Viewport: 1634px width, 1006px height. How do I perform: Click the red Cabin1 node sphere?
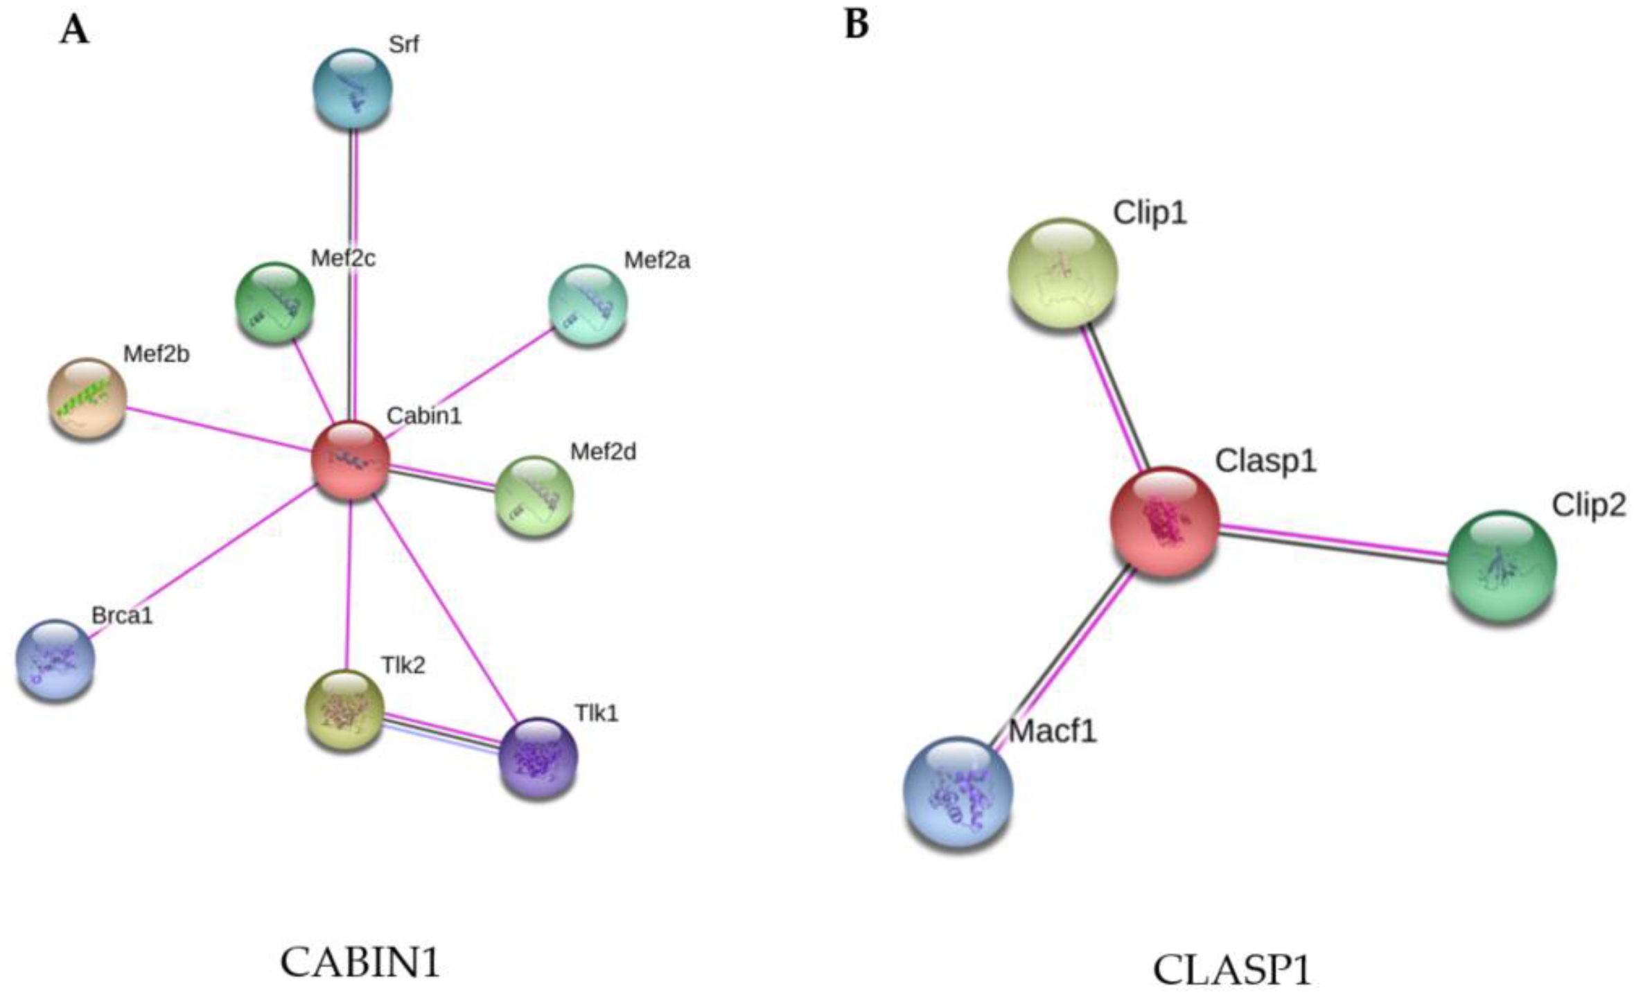pos(351,459)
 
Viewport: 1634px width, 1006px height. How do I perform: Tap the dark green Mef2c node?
pos(275,302)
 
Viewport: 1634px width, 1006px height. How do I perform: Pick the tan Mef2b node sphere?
pos(87,398)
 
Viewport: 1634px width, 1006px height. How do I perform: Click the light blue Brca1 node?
pos(55,659)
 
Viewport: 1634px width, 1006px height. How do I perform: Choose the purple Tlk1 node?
pos(538,757)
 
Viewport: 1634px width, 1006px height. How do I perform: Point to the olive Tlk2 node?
pos(344,709)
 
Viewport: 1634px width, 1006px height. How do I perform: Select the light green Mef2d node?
pos(534,497)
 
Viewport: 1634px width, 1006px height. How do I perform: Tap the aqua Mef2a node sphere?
pos(588,305)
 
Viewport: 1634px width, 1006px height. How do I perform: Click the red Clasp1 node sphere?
pos(1165,521)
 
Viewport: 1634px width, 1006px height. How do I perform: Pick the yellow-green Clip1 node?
pos(1062,272)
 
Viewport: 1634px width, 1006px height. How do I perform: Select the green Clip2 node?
pos(1502,565)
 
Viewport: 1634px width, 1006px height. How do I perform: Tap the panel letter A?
pos(74,30)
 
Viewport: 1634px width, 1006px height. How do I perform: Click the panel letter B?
pos(856,25)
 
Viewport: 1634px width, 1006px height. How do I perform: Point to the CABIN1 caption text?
pos(360,962)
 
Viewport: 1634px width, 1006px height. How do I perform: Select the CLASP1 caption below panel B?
pos(1231,969)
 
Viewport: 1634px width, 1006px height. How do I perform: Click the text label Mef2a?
pos(656,261)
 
